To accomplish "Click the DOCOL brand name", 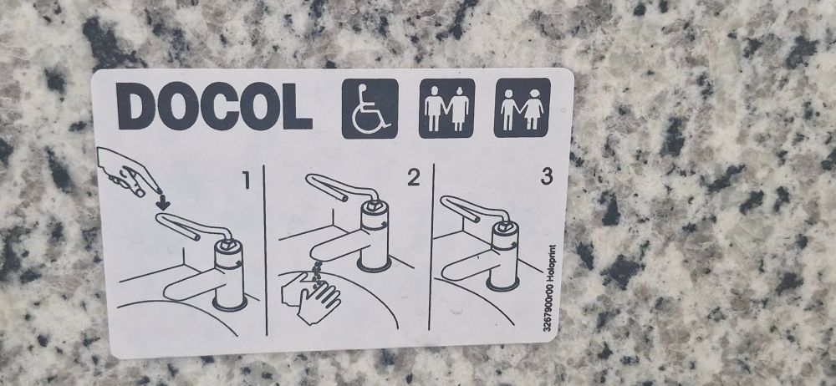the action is pos(214,105).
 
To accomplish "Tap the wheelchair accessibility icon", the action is pos(370,109).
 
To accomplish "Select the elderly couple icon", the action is pos(446,109).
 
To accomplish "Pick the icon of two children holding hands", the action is pos(522,108).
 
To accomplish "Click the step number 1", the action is pos(246,181).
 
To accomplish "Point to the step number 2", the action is pos(413,177).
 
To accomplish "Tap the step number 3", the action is pos(547,176).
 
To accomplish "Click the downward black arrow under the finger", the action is pos(163,202).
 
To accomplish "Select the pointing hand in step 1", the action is pos(128,171).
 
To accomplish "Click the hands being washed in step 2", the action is pos(310,296).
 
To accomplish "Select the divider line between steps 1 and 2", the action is pos(265,250).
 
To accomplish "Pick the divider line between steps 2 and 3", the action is pos(431,246).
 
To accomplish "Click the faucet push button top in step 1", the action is pos(228,246).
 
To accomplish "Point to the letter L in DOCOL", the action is pos(298,105).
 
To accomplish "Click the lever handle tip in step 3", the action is pos(446,201).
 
